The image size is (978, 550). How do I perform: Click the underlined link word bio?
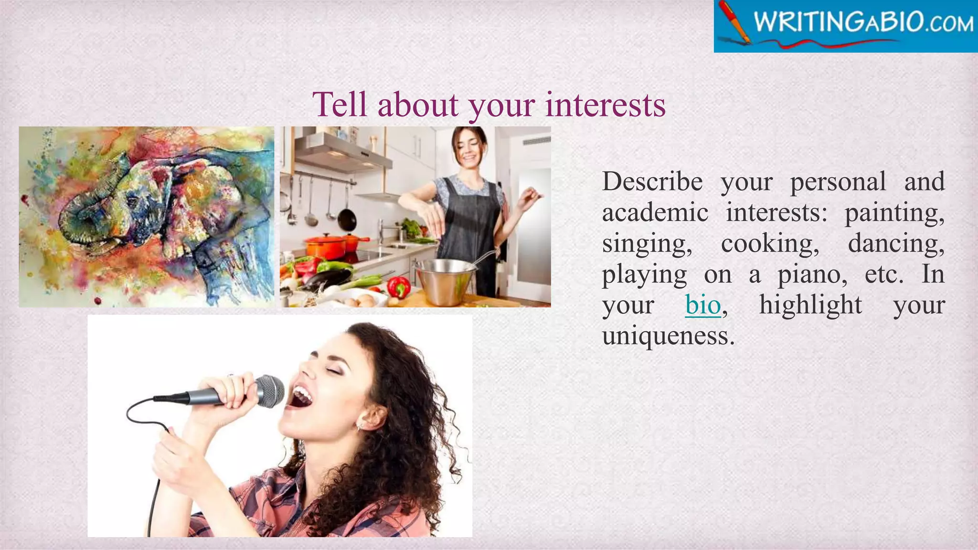tap(702, 305)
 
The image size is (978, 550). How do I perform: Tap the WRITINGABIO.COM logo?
tap(845, 26)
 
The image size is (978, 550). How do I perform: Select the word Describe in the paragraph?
tap(652, 182)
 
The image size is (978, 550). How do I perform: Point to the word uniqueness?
tap(668, 336)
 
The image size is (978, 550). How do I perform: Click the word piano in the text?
tap(812, 275)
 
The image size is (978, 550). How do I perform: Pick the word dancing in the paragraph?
tap(896, 244)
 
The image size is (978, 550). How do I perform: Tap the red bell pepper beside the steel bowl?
tap(398, 287)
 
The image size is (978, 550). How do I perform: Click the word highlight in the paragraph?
tap(810, 305)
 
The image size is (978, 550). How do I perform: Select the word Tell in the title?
tap(340, 105)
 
